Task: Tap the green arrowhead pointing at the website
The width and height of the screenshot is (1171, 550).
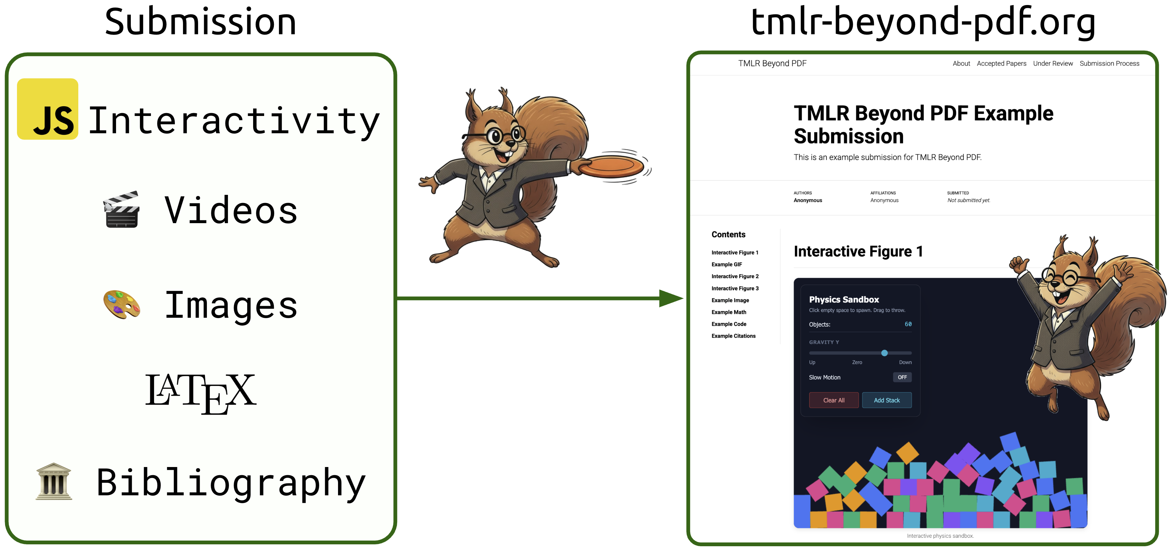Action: coord(670,298)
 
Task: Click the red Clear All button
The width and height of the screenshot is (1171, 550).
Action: coord(833,400)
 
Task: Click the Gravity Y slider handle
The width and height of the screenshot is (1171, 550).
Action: coord(884,353)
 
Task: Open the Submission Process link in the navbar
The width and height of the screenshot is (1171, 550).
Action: coord(1109,63)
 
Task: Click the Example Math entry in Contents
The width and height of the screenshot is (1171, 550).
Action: coord(729,312)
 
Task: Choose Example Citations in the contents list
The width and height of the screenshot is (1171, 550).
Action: coord(733,336)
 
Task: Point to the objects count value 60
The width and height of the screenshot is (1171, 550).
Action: coord(908,324)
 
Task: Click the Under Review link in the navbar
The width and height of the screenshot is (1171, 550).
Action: coord(1052,63)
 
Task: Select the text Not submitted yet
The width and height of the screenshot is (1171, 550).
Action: coord(968,200)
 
